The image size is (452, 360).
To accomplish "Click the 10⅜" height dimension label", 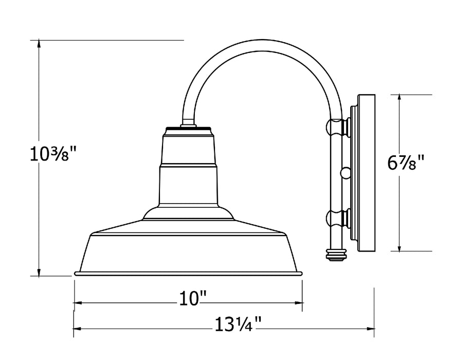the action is pos(53,154).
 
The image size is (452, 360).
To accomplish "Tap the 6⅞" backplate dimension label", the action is pos(406,163).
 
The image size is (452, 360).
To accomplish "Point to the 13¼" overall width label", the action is pos(238,324).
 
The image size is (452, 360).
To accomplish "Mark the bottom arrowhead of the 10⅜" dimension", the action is pos(39,272).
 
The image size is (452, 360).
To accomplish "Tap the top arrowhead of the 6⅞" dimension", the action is pos(399,99).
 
